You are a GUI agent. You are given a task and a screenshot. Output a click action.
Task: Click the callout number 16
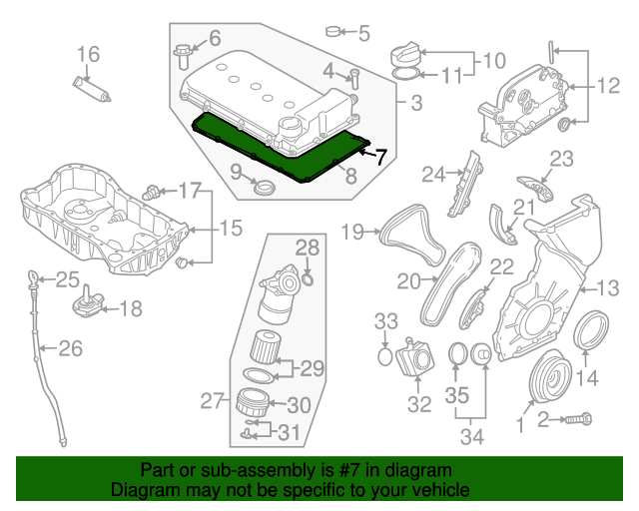point(89,53)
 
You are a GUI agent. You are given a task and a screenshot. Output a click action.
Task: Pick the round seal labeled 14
point(591,328)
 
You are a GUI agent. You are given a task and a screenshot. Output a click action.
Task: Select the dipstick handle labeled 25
point(35,276)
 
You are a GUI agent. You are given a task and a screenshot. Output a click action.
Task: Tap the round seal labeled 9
point(265,188)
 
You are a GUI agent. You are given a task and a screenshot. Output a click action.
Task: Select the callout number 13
point(608,289)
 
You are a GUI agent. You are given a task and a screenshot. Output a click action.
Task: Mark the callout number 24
point(432,175)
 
